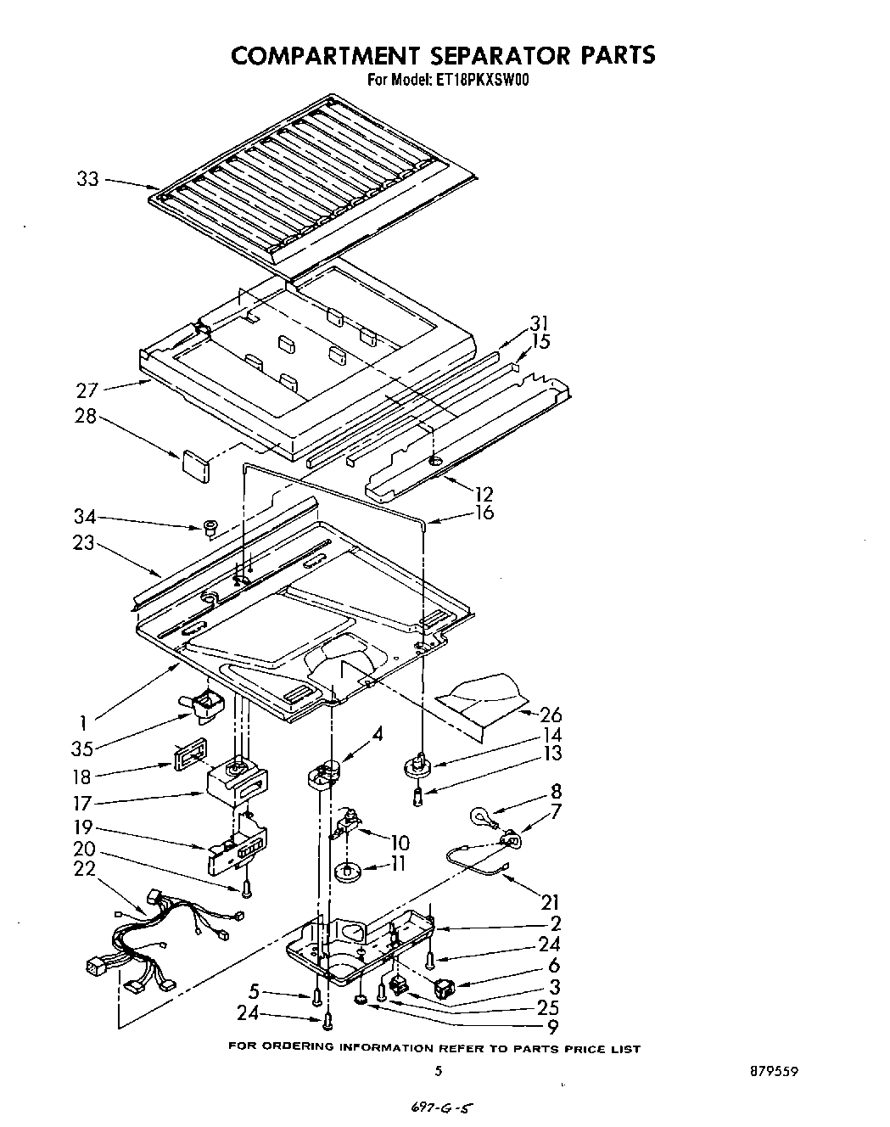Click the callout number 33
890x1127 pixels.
coord(87,179)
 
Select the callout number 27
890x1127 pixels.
coord(87,390)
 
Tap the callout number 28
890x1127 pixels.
coord(86,417)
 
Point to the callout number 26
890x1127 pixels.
coord(551,715)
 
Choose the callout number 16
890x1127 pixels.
coord(484,513)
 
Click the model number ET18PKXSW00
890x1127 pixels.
coord(482,81)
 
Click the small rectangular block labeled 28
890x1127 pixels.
coord(195,466)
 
